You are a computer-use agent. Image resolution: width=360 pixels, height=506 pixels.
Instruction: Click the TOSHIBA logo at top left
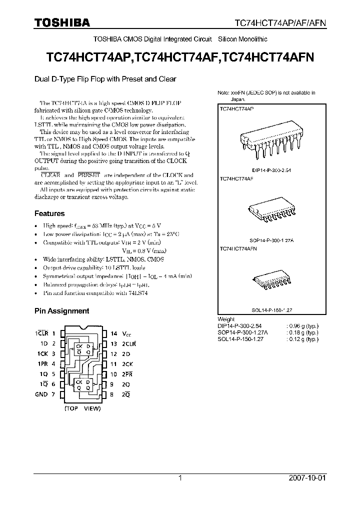tap(62, 22)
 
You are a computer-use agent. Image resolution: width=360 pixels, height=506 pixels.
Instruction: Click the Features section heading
tap(49, 213)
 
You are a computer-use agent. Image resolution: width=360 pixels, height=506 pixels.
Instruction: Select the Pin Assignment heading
tap(61, 310)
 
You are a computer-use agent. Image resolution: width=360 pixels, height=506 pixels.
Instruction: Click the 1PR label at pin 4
tap(45, 364)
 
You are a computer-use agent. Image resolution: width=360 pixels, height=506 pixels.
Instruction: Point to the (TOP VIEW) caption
tap(82, 408)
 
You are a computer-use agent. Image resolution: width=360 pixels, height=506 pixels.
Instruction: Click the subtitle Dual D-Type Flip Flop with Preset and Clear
tap(105, 79)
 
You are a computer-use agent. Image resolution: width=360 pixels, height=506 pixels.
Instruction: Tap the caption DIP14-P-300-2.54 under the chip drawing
tap(265, 170)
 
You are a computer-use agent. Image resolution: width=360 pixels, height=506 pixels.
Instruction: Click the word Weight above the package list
tap(226, 319)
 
